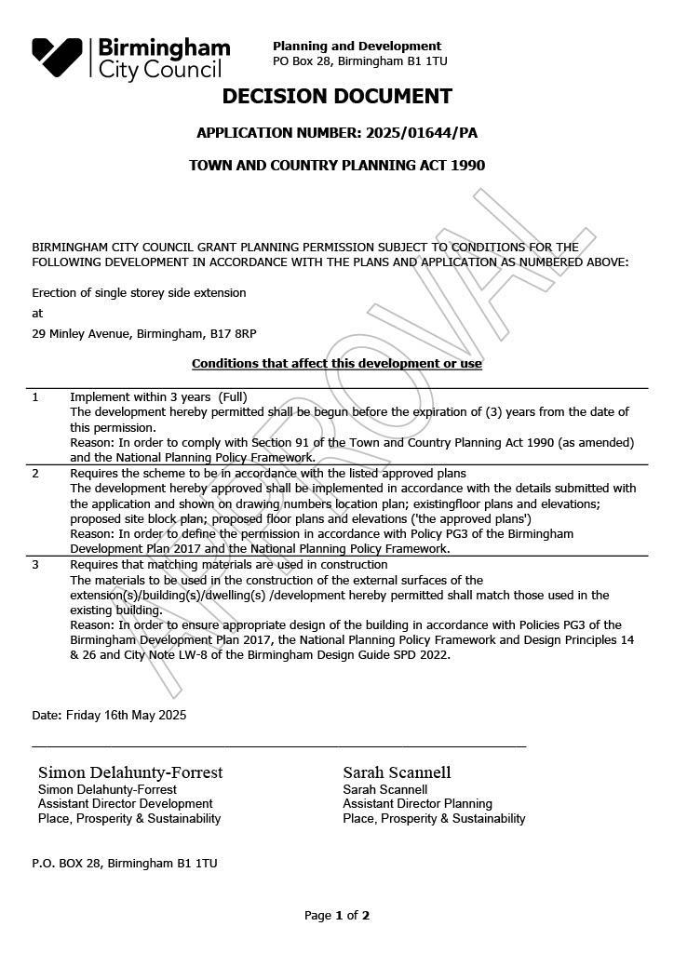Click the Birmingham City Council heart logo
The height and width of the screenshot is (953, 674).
point(57,57)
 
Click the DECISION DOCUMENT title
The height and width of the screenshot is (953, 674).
point(337,97)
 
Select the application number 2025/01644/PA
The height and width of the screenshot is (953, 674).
point(422,133)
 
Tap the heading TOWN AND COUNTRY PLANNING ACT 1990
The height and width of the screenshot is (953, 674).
point(337,166)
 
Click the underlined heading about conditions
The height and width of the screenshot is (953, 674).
point(337,363)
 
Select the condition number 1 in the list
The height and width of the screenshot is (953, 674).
point(35,396)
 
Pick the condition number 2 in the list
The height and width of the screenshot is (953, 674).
point(35,473)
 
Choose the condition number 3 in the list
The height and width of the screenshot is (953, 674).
point(35,564)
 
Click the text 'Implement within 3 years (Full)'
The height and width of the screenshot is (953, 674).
point(158,396)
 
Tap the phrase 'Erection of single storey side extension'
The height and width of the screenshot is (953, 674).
point(139,292)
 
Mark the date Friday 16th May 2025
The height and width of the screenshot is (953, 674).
point(126,715)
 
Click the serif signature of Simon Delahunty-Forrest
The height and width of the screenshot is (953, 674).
point(130,772)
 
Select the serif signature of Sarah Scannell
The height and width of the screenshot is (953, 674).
point(397,772)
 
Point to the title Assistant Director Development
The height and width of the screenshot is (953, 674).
point(125,803)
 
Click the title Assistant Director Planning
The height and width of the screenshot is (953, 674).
point(417,803)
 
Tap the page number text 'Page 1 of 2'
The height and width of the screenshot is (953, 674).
point(337,916)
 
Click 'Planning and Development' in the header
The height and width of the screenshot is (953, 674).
point(357,46)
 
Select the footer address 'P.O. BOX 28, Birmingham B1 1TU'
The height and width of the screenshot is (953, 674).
point(125,863)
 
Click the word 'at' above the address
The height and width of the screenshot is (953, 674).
point(37,313)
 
